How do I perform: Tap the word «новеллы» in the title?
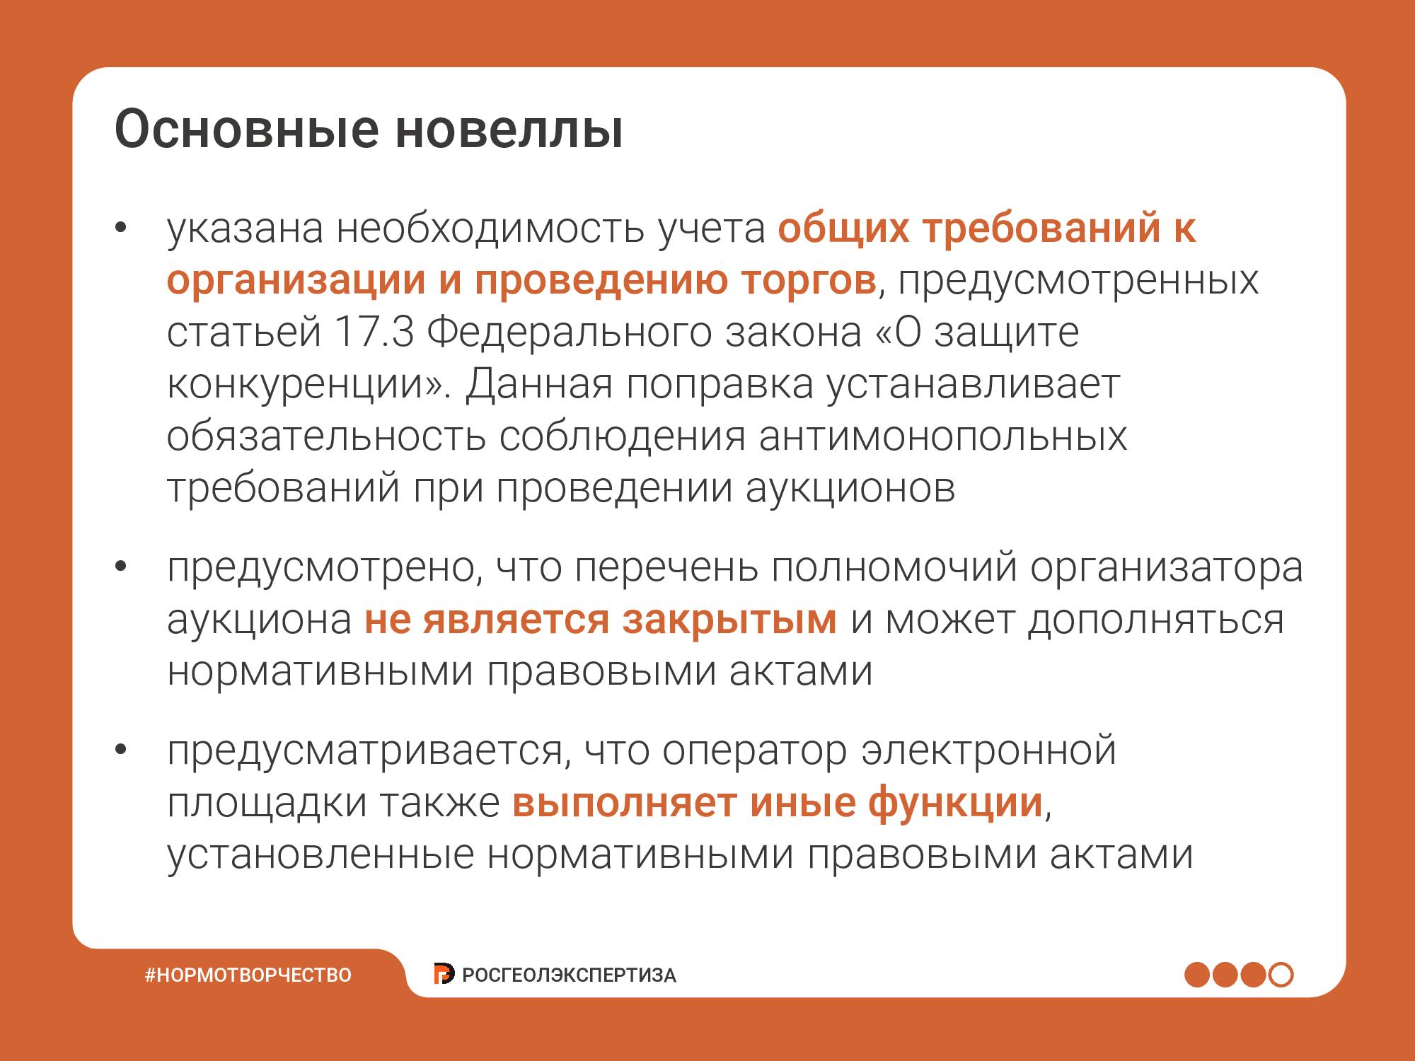[x=509, y=129]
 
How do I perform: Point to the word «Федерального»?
[x=570, y=333]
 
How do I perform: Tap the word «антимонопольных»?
[x=943, y=436]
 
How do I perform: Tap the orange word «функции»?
[x=956, y=804]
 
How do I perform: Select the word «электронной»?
[x=989, y=751]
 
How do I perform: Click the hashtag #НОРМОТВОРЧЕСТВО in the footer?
[x=248, y=975]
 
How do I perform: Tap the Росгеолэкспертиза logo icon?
[x=444, y=974]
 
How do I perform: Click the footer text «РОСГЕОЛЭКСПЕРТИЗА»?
[x=569, y=975]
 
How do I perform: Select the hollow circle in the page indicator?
[x=1281, y=975]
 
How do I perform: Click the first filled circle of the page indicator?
[x=1197, y=975]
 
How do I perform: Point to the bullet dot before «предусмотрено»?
[x=120, y=567]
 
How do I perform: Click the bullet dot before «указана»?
[x=120, y=228]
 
